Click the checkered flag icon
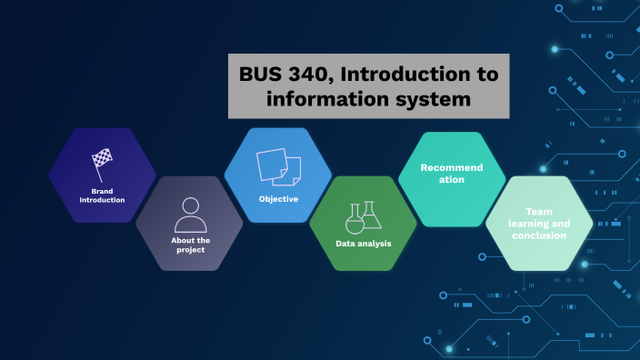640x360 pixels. [102, 162]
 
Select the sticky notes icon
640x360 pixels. [278, 166]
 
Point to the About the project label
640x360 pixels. [190, 245]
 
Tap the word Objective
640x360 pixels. [278, 198]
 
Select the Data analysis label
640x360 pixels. [363, 245]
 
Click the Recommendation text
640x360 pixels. [452, 174]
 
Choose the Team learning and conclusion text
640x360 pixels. [538, 224]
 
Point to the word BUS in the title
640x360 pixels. [260, 75]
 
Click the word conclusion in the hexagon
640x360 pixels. [538, 235]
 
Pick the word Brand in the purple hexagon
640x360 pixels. [102, 190]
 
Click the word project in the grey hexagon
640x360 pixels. [190, 250]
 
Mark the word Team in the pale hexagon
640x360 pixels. [538, 212]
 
